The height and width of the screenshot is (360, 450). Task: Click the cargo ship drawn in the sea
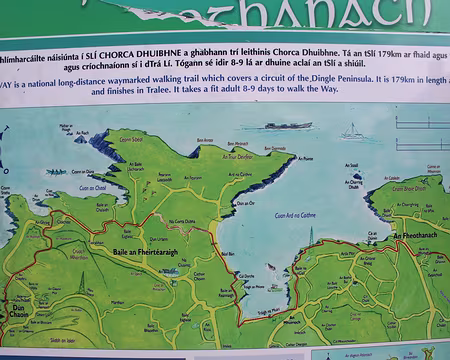(x=287, y=126)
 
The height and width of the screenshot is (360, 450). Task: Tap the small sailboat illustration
(x=351, y=131)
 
